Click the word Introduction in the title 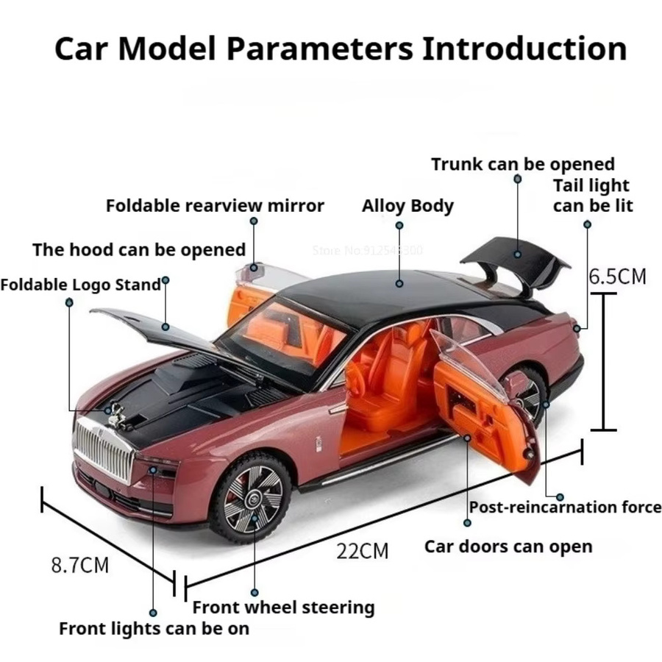click(x=524, y=49)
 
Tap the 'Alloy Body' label click(x=407, y=207)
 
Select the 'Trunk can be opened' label click(x=523, y=164)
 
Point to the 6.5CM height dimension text click(x=618, y=277)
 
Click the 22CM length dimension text click(x=362, y=552)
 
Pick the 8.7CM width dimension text click(x=79, y=566)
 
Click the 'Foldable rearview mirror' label click(x=215, y=206)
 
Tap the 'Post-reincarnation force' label click(x=566, y=507)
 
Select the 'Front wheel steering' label click(x=284, y=608)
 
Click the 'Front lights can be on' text click(x=154, y=629)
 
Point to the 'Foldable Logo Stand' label click(x=81, y=285)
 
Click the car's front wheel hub click(x=253, y=498)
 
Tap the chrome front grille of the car click(x=104, y=449)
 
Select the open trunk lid click(x=516, y=263)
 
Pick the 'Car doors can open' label click(x=508, y=547)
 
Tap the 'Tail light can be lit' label click(x=593, y=196)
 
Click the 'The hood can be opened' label click(x=139, y=249)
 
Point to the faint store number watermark click(x=367, y=250)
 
